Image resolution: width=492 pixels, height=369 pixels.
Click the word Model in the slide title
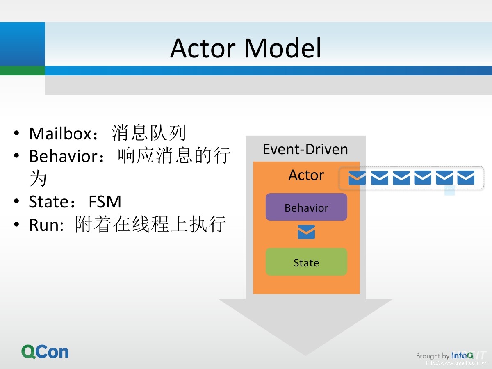pyautogui.click(x=283, y=48)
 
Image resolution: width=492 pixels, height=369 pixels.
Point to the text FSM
pyautogui.click(x=105, y=202)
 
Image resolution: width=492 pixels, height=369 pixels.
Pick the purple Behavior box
pyautogui.click(x=306, y=207)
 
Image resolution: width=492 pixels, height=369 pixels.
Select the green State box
pyautogui.click(x=306, y=262)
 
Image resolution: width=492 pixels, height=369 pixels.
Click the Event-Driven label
pyautogui.click(x=305, y=149)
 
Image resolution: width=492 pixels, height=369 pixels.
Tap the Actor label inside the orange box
pyautogui.click(x=306, y=175)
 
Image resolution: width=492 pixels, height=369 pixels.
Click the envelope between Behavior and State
pyautogui.click(x=306, y=232)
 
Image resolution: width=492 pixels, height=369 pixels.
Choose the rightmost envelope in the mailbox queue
pyautogui.click(x=466, y=178)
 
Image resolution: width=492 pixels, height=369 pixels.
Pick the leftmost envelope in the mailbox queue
pyautogui.click(x=357, y=178)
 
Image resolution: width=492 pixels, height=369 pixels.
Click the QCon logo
pyautogui.click(x=45, y=352)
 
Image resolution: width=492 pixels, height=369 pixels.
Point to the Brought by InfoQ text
pyautogui.click(x=444, y=355)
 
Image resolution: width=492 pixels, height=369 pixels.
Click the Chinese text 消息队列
pyautogui.click(x=149, y=133)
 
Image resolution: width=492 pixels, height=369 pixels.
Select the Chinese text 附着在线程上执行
pyautogui.click(x=150, y=225)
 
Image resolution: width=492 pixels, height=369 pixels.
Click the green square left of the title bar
pyautogui.click(x=22, y=71)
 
